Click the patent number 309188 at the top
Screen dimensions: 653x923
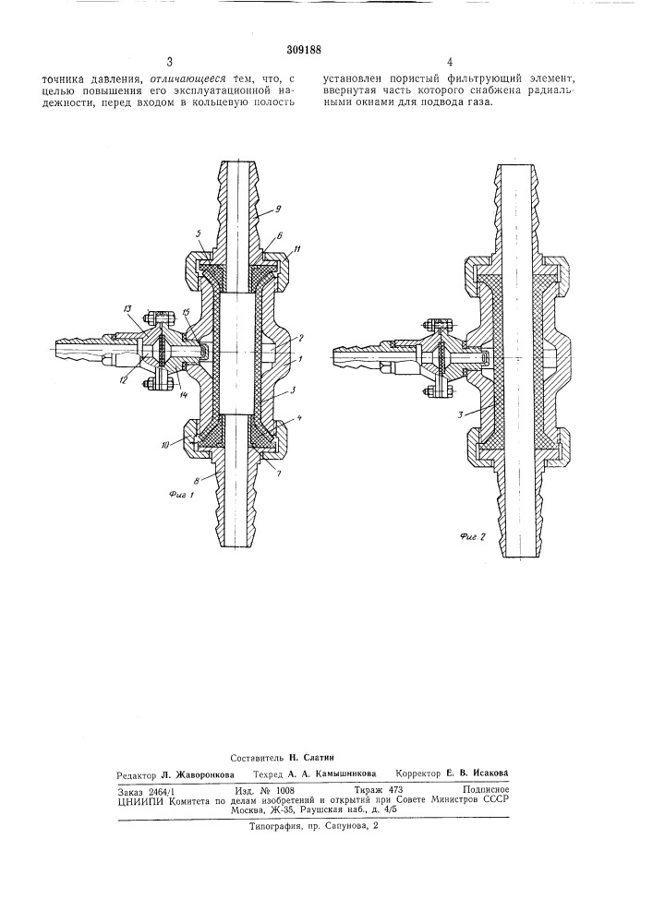pos(303,50)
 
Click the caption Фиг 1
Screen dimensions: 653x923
pos(182,495)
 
